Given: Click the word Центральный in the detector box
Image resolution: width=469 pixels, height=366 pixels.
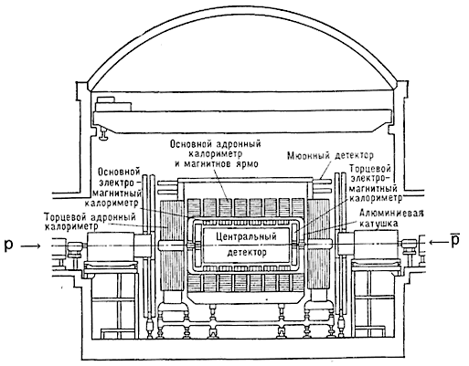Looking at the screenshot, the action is [x=246, y=236].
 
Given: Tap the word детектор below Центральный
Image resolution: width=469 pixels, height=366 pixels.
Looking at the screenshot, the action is [x=247, y=252].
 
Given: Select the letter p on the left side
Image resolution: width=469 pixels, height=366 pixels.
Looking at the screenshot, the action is [x=8, y=246].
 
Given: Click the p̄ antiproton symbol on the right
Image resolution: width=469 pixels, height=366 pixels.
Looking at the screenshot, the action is [x=455, y=240].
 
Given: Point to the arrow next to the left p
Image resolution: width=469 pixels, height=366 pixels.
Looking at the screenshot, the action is [x=30, y=246].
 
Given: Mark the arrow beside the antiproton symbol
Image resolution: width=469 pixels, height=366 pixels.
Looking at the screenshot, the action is [x=438, y=242].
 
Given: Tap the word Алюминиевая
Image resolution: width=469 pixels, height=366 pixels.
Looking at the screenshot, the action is [x=391, y=213].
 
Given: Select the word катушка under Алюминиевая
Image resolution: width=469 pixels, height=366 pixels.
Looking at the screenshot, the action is [x=378, y=224].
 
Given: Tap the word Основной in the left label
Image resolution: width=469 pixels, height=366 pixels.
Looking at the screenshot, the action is [x=119, y=173].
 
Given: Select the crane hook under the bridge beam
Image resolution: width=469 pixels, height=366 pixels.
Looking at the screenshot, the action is [x=104, y=134].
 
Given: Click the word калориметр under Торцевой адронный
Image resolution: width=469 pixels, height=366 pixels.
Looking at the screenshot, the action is [x=71, y=227].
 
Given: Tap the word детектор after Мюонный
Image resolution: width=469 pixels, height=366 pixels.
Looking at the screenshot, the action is [x=354, y=156].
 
